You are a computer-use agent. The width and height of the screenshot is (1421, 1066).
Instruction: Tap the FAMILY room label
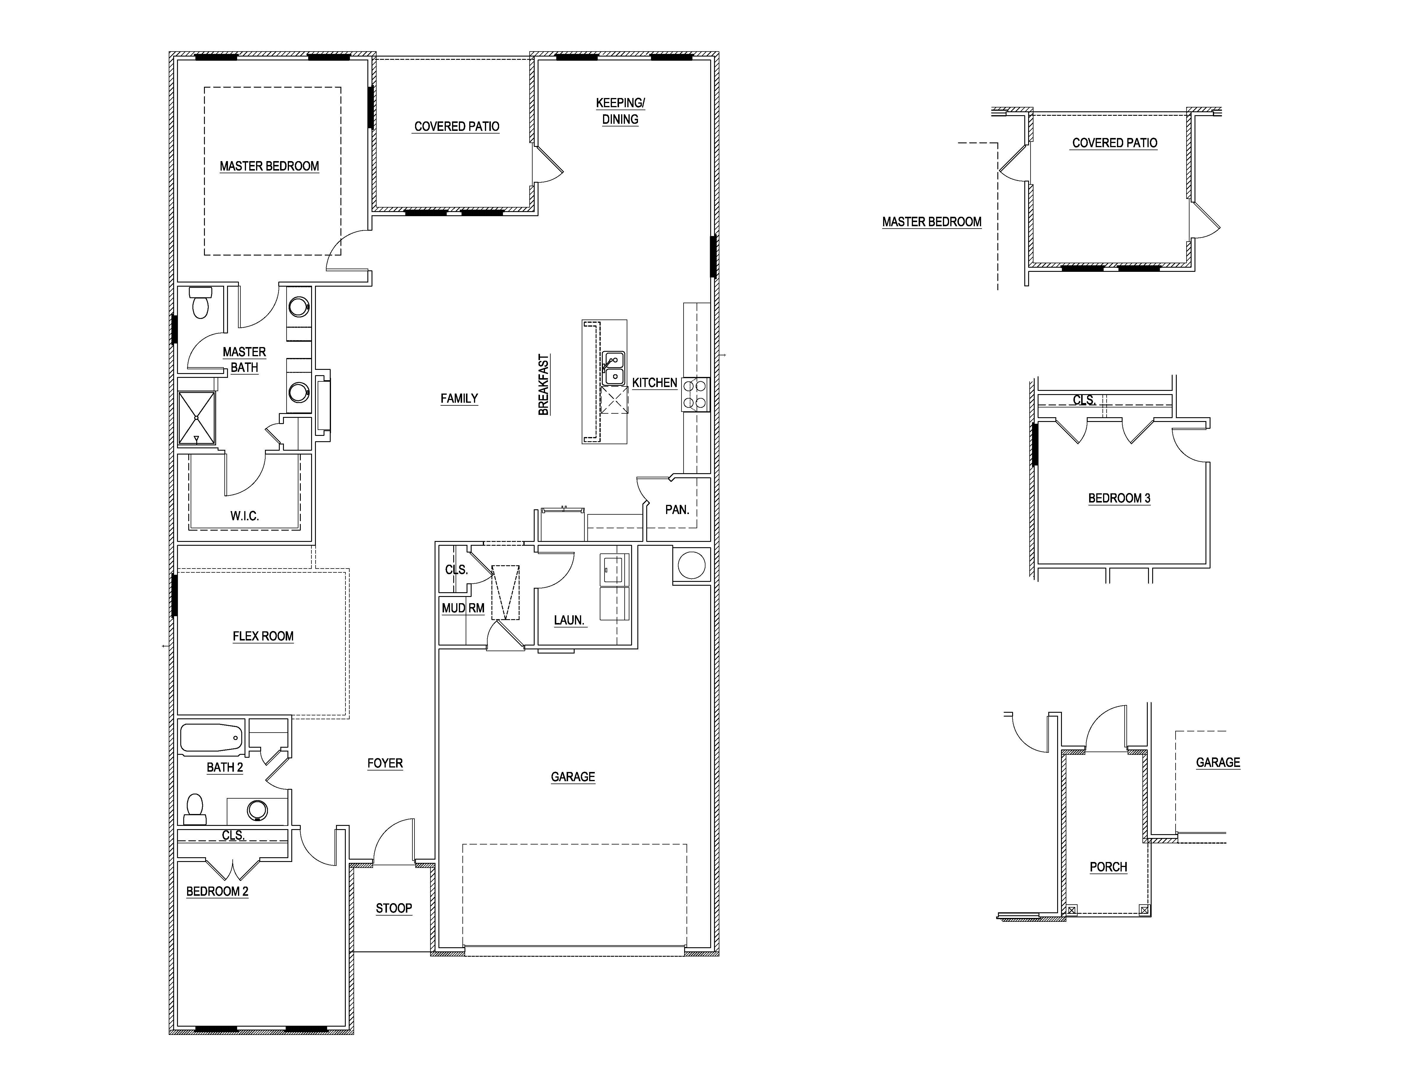click(459, 398)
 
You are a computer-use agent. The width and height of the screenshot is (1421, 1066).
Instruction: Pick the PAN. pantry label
click(676, 510)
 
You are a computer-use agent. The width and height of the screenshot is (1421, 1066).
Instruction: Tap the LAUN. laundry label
click(568, 620)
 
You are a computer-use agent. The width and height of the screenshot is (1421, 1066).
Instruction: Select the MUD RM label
click(462, 608)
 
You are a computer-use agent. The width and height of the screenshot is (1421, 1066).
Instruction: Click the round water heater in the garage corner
click(691, 565)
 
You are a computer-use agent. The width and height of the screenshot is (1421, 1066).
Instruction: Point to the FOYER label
click(385, 763)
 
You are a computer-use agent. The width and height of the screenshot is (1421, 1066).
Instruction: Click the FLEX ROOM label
click(263, 636)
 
